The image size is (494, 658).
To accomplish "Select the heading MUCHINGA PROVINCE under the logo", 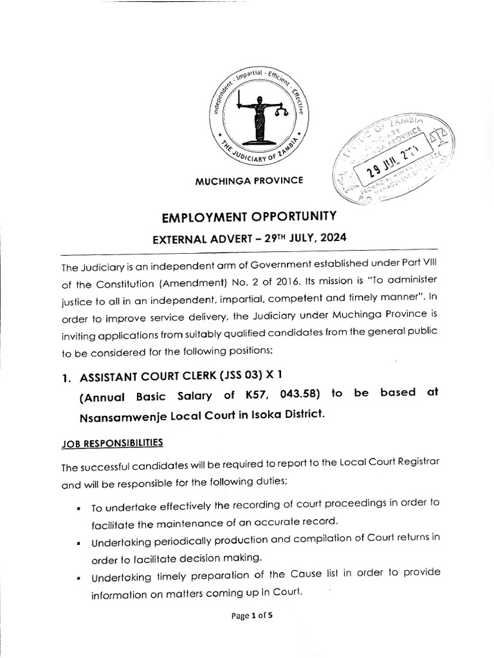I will [x=249, y=181].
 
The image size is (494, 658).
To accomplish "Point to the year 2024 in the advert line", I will [x=330, y=238].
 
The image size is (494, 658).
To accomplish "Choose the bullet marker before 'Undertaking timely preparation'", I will [x=78, y=578].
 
